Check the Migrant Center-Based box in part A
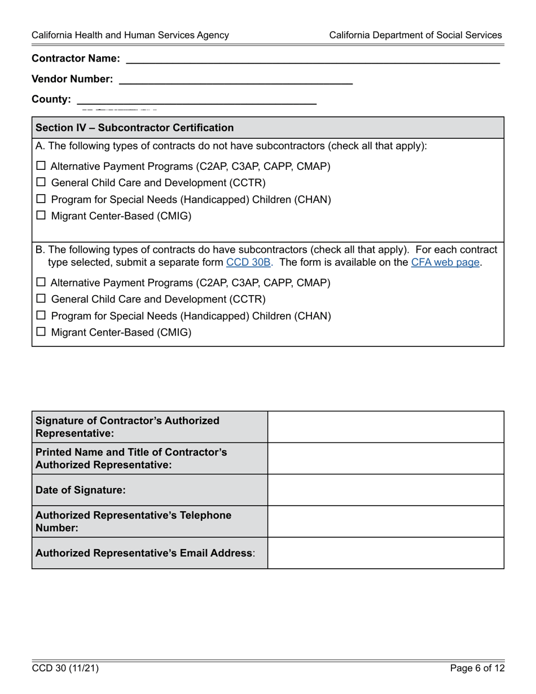[x=41, y=216]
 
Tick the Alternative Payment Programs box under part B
[x=41, y=282]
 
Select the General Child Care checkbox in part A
[x=41, y=182]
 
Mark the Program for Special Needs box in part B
[x=41, y=315]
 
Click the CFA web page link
[x=445, y=262]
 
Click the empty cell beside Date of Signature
[x=385, y=490]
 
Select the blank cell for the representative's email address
[x=385, y=553]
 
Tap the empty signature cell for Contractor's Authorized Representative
[x=385, y=427]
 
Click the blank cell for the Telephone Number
[x=385, y=521]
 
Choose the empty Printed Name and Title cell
[x=385, y=458]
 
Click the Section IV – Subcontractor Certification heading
[x=134, y=128]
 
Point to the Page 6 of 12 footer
[x=477, y=669]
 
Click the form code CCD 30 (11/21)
[x=65, y=669]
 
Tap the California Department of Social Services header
[x=415, y=35]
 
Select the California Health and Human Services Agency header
[x=130, y=35]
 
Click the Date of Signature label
[x=81, y=490]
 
